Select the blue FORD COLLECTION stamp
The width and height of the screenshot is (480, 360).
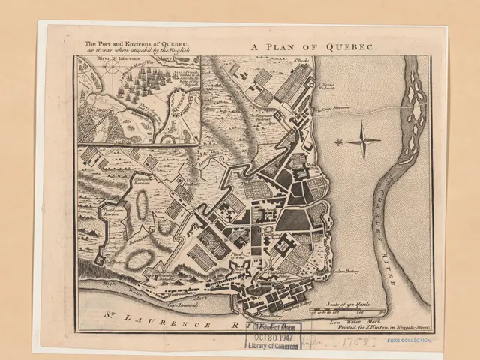point(409,340)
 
